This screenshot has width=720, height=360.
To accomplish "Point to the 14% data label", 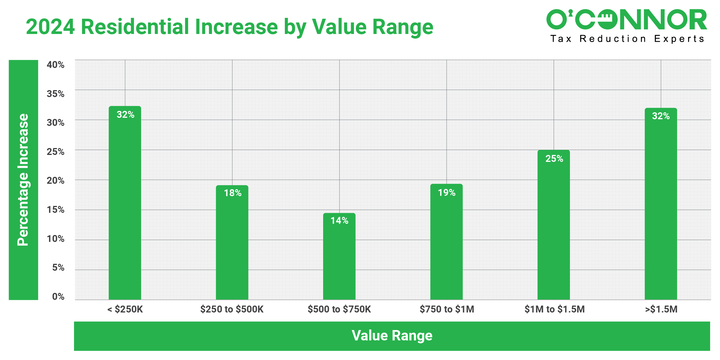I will tap(339, 221).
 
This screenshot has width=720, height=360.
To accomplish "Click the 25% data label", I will tap(554, 158).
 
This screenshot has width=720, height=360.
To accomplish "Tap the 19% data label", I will tap(447, 192).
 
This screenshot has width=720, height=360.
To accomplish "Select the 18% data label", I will tap(233, 193).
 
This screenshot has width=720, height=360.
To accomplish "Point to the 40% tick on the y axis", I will tap(56, 65).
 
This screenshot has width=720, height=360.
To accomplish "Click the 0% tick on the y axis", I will tap(58, 297).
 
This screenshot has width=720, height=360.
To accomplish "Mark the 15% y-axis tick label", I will tap(56, 210).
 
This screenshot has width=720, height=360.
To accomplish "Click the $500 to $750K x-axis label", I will tap(339, 309).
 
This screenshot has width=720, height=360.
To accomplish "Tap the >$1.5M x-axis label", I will tap(661, 309).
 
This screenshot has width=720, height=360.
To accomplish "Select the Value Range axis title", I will tap(392, 336).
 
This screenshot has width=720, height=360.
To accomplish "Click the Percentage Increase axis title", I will tap(23, 180).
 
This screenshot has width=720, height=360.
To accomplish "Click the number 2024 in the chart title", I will tap(50, 27).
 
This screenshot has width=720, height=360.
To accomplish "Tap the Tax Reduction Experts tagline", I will tap(627, 39).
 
